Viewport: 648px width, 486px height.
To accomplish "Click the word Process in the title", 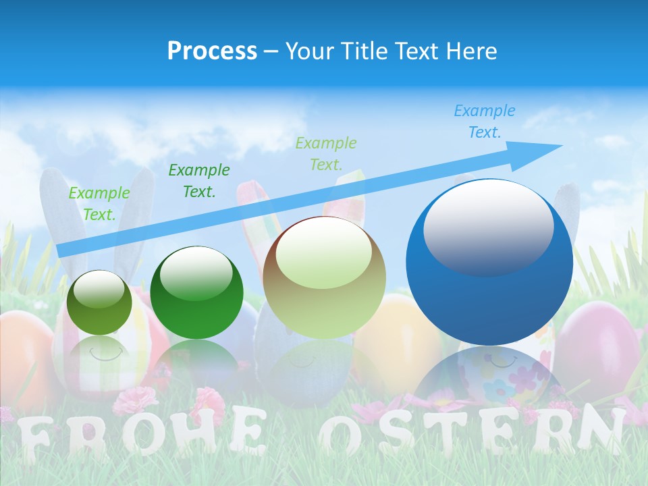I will click(212, 51).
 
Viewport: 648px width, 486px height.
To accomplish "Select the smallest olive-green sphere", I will click(99, 303).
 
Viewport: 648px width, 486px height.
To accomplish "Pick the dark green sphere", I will click(196, 292).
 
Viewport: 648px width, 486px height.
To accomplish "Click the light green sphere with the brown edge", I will click(324, 277).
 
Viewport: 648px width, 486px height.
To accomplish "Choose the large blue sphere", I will click(489, 263).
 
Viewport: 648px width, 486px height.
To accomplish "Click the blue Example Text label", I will click(484, 122).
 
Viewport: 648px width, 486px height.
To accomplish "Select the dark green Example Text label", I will click(198, 180).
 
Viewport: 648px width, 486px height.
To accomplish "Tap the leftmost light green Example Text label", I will click(99, 203).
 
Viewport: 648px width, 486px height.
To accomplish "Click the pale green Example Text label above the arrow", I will click(326, 153).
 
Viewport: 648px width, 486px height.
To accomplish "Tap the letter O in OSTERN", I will click(344, 432).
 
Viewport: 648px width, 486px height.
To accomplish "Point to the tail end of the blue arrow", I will click(61, 250).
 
